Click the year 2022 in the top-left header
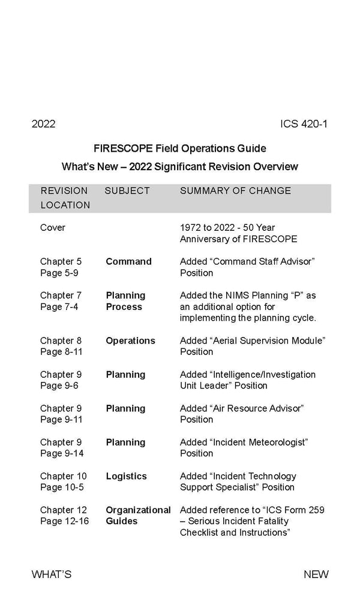point(43,124)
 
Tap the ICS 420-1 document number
point(303,124)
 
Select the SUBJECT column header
point(127,191)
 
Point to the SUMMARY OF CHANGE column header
point(235,191)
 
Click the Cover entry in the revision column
point(53,228)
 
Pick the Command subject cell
point(128,261)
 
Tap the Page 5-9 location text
point(59,273)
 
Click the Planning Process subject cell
point(125,301)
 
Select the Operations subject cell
point(130,341)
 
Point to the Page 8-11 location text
point(61,352)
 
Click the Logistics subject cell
point(126,476)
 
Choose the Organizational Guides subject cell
point(138,516)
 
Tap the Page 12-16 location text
point(64,521)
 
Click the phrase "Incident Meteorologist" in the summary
point(259,442)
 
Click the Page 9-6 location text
point(59,386)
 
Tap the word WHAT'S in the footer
point(52,574)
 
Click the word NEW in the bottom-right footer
point(316,574)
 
